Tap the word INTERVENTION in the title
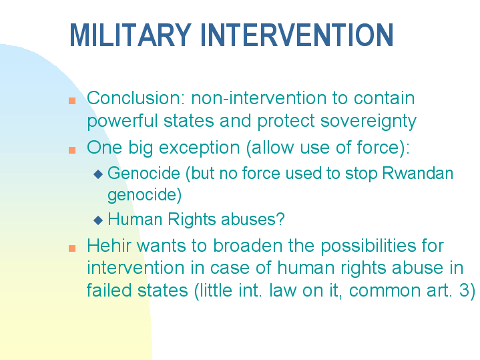click(296, 35)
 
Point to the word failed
click(106, 291)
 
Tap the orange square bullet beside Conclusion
click(72, 100)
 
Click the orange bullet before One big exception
click(72, 149)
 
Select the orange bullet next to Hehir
click(72, 248)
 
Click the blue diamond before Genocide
click(98, 174)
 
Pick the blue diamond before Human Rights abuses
click(98, 220)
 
